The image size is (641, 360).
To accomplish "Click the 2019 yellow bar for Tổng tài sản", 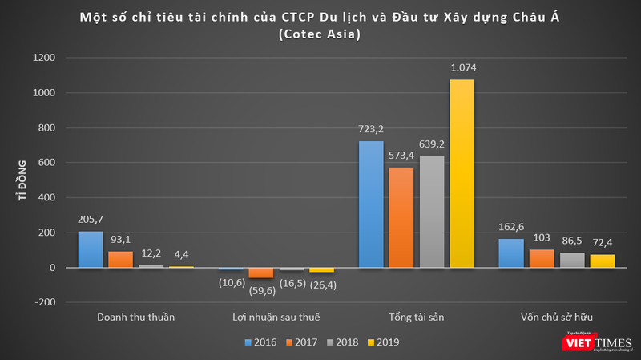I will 462,173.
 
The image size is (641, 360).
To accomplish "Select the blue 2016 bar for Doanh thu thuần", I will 91,249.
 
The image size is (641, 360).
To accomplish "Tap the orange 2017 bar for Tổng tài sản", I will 401,217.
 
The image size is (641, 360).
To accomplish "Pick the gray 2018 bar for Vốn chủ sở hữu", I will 572,260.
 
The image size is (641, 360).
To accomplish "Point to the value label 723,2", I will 372,130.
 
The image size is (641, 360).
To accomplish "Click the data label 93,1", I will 121,240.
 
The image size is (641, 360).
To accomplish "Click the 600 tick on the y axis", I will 46,163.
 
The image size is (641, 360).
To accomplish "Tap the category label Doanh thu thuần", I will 136,317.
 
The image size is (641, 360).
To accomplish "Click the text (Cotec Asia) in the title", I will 320,34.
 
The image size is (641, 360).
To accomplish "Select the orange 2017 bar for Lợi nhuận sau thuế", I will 260,273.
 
